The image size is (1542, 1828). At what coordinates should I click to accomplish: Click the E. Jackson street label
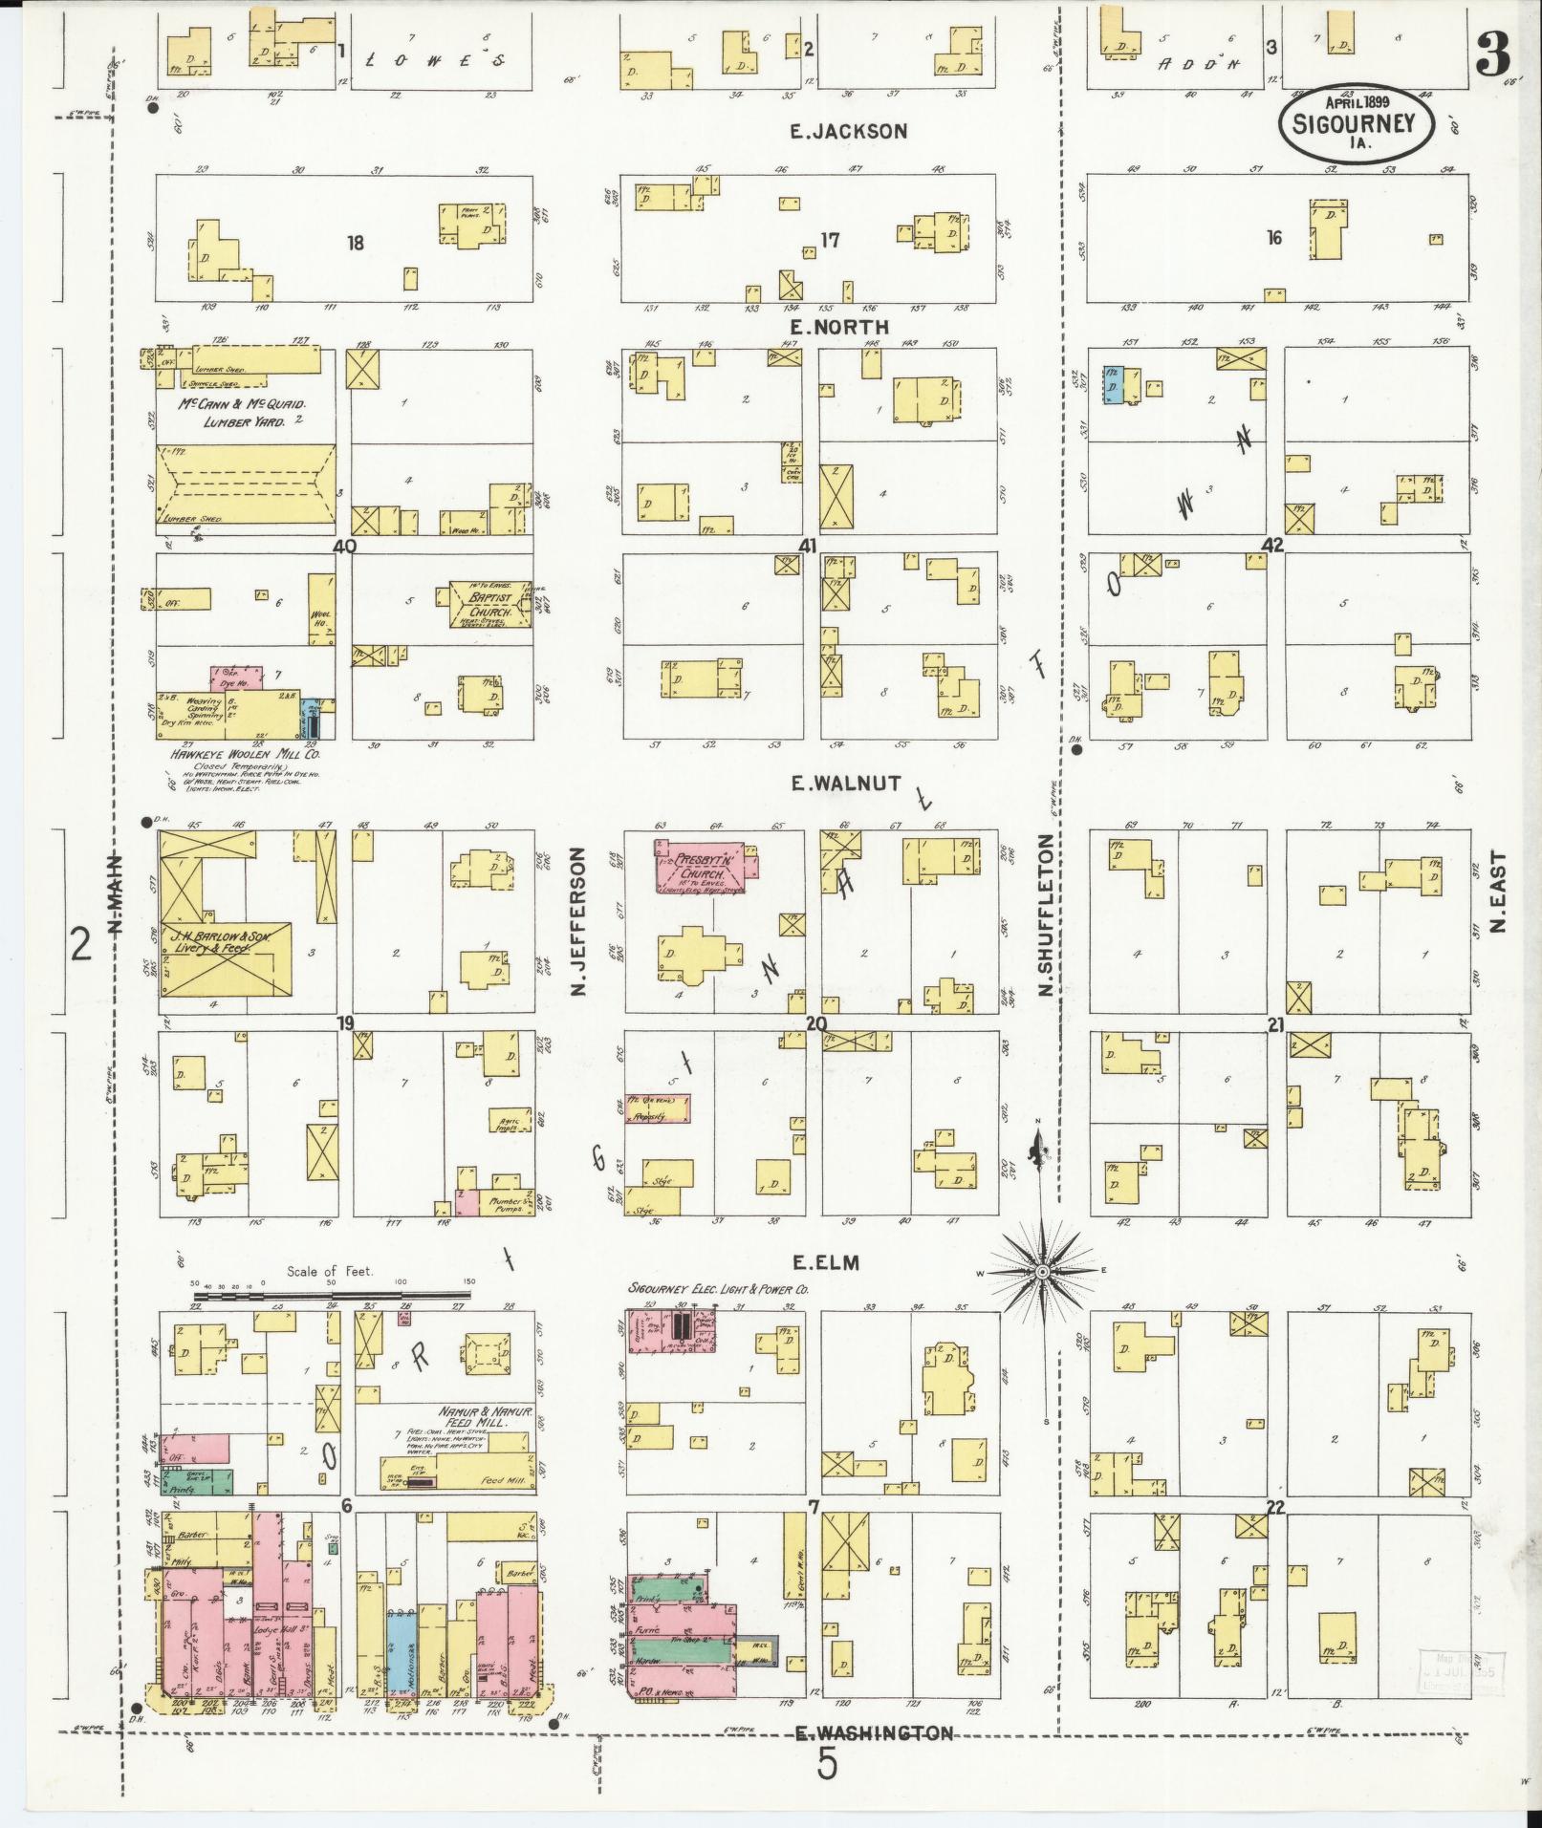848,132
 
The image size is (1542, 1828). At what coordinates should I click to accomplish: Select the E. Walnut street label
845,784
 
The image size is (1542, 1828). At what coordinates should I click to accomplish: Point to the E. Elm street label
828,1263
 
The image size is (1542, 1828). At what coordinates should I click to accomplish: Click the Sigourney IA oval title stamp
1357,123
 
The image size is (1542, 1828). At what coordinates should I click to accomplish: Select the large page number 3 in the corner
1493,57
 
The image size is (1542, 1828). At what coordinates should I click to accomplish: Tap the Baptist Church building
490,605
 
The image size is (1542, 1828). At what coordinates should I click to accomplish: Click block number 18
356,244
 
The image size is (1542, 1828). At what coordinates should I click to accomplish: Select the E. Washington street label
874,1732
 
